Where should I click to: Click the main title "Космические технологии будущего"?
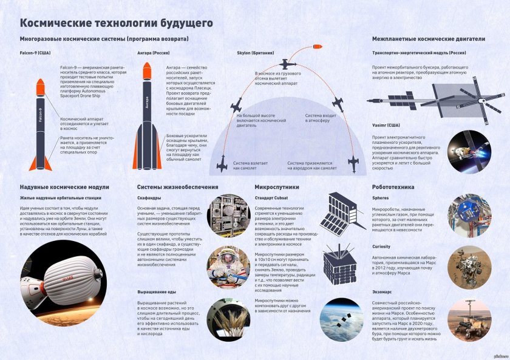coord(116,23)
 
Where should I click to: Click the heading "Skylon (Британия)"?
coord(259,53)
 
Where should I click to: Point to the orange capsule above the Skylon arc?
coord(318,46)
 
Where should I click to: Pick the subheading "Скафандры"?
coord(149,198)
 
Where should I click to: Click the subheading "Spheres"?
coord(381,198)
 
